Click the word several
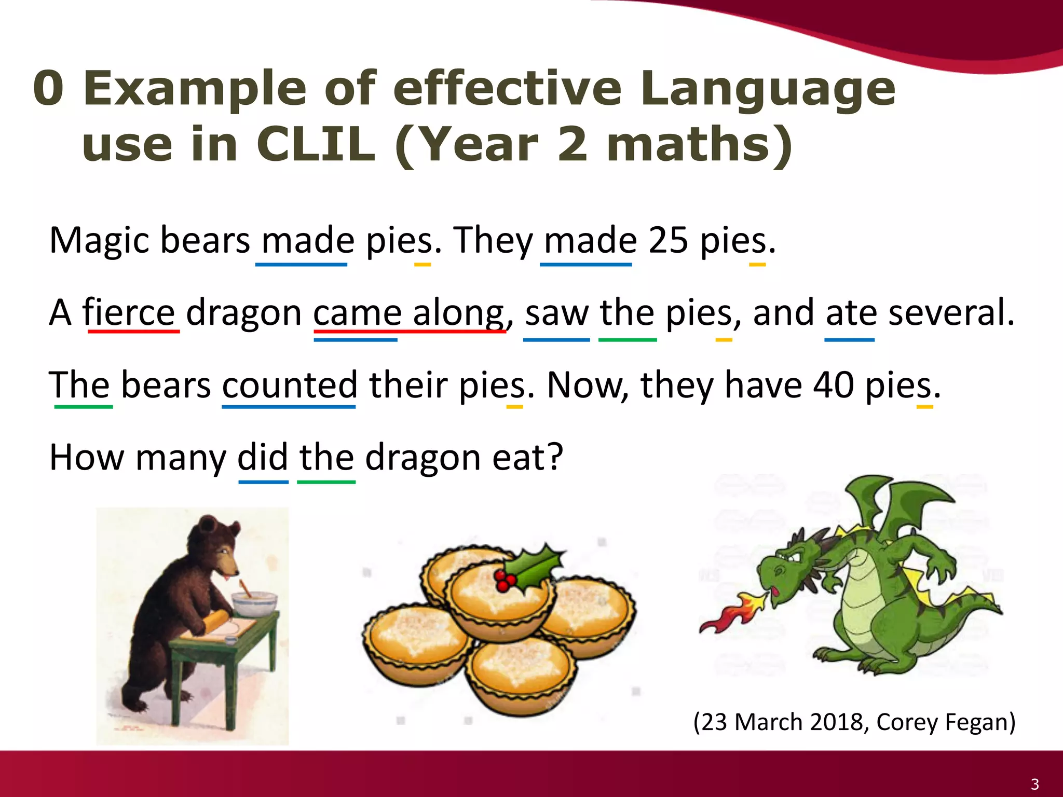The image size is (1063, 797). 951,313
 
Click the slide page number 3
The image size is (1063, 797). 1034,784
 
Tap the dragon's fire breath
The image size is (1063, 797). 732,615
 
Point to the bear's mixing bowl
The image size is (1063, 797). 253,604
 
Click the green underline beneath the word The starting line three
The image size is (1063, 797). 83,407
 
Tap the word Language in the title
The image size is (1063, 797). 767,88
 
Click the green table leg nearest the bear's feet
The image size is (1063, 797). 176,690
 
